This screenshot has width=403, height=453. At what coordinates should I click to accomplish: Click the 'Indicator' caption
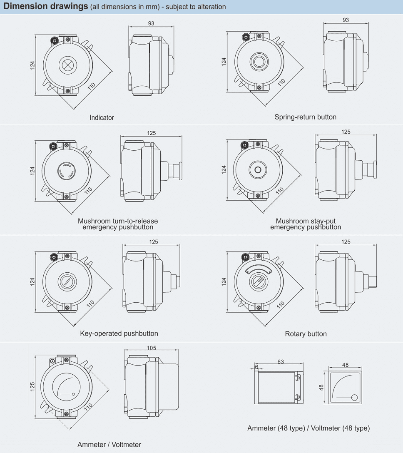[102, 118]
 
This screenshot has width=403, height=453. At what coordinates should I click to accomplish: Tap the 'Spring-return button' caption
[305, 117]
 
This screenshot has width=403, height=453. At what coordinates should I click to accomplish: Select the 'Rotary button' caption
[306, 334]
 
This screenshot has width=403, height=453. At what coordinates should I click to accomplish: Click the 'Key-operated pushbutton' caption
[119, 334]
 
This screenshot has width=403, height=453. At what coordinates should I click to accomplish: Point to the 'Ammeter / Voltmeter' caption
[109, 445]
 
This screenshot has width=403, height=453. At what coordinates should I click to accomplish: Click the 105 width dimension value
[152, 348]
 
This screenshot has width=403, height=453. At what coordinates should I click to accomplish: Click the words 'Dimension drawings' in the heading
[45, 6]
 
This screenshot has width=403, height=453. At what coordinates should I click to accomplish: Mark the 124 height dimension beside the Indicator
[32, 65]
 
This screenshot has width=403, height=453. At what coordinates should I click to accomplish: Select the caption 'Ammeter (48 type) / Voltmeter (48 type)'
[308, 428]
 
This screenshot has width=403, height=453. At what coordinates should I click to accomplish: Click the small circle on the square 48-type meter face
[354, 397]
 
